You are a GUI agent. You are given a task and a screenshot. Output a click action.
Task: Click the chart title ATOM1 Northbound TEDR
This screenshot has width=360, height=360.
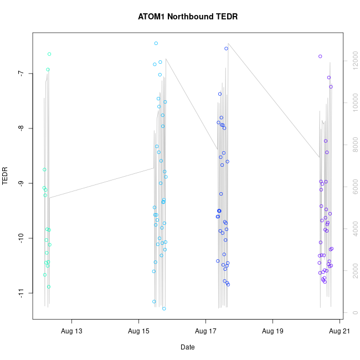tap(188, 17)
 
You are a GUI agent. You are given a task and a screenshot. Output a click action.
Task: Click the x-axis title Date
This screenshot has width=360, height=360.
tap(187, 347)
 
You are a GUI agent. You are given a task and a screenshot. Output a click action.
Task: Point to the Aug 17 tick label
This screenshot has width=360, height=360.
tap(205, 332)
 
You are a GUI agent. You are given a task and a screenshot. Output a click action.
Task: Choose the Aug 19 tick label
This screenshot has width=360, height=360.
tap(272, 332)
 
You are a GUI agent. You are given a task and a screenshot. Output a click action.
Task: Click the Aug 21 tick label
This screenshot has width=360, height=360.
tap(340, 332)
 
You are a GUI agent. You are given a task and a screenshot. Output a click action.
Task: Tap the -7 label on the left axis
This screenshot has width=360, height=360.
tap(21, 74)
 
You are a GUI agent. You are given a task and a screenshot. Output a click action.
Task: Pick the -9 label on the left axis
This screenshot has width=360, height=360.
tap(21, 183)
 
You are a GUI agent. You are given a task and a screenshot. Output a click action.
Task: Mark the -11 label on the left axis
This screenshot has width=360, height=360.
tap(21, 293)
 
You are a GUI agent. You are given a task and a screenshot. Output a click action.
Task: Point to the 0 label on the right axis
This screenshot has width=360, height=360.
tap(350, 313)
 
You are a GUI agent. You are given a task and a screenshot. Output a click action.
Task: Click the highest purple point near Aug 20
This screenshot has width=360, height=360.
tap(320, 56)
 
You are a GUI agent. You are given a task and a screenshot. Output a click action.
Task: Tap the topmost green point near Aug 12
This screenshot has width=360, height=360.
tap(49, 54)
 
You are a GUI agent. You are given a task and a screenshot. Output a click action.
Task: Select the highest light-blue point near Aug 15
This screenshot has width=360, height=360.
tap(156, 43)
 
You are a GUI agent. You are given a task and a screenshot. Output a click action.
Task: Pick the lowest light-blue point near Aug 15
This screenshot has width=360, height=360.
tap(164, 308)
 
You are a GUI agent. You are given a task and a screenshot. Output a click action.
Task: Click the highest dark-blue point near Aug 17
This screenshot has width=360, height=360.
tap(226, 49)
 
